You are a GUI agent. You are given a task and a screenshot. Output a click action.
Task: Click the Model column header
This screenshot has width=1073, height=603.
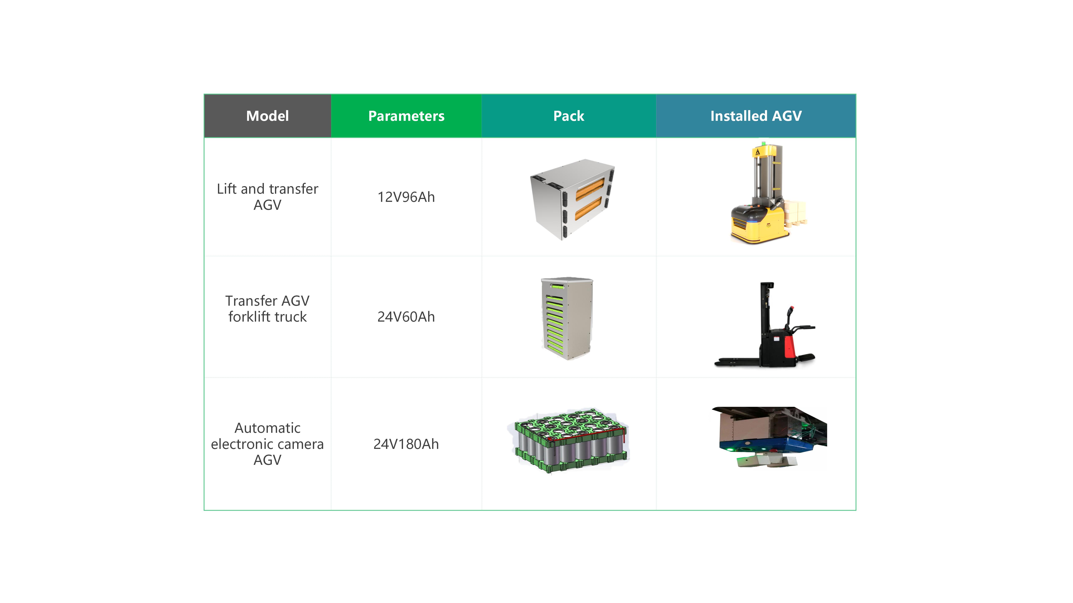click(x=267, y=116)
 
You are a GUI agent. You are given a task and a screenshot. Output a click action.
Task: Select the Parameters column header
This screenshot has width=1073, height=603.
click(x=406, y=116)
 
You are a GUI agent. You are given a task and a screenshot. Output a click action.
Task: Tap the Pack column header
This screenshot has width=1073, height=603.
click(x=569, y=116)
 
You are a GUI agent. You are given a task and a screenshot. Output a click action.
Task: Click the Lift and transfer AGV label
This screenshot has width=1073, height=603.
click(x=267, y=197)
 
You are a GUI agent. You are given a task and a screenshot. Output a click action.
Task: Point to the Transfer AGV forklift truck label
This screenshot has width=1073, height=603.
click(x=267, y=309)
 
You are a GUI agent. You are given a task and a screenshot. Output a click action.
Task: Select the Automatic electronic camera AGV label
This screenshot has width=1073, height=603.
click(x=267, y=444)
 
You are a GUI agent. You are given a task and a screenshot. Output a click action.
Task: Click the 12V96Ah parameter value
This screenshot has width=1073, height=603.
click(x=406, y=197)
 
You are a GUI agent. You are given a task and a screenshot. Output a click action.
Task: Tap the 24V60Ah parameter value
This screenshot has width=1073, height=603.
click(x=406, y=317)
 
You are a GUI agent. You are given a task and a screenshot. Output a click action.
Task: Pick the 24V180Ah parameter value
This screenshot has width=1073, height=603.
click(x=406, y=444)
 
